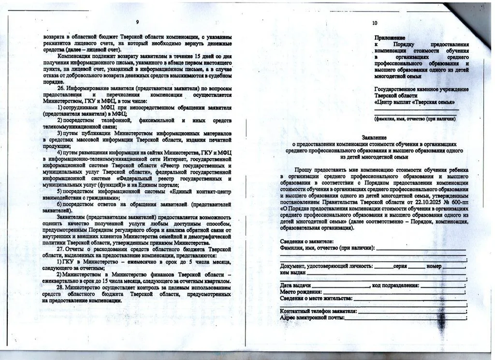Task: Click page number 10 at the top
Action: coord(375,23)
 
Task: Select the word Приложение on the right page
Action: coord(390,38)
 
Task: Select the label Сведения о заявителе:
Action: coord(306,241)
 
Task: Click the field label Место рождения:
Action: coord(301,292)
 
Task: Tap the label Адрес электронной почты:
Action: coord(312,317)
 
